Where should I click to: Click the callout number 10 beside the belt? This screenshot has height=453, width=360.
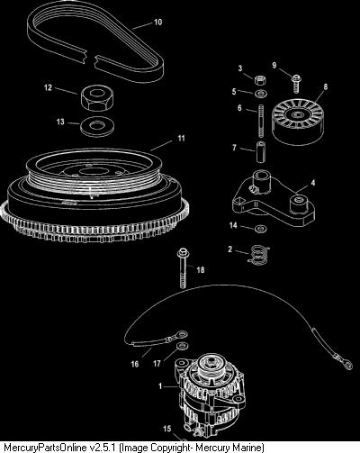point(157,23)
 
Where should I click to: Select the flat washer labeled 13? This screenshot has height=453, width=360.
point(97,125)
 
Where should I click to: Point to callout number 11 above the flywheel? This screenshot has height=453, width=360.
point(181,139)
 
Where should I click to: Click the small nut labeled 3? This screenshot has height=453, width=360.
point(260,80)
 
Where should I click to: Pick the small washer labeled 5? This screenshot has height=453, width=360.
point(262,94)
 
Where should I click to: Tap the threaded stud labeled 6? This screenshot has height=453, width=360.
point(261,120)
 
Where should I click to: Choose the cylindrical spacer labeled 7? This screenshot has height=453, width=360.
point(260,152)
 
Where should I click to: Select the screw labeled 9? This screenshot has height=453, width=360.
point(296,84)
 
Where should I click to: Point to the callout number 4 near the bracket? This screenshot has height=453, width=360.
point(313,183)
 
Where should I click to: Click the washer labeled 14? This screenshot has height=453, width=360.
point(259,229)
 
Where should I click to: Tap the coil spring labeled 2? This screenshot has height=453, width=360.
point(258,255)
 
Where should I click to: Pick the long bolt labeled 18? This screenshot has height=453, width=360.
point(183,267)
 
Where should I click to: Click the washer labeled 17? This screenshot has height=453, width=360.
point(182,346)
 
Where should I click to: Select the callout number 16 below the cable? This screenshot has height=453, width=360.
point(135,364)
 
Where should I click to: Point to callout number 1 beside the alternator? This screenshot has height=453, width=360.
point(160,386)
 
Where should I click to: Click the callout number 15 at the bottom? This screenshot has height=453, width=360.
point(167,429)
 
